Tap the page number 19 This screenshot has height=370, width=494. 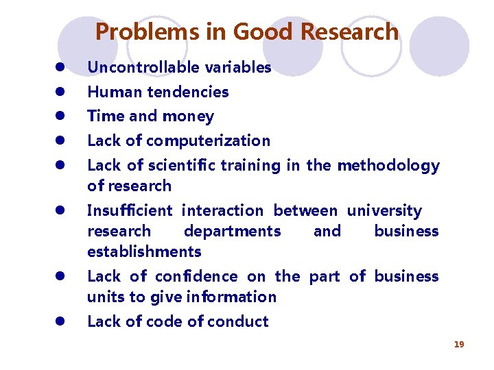coord(459,344)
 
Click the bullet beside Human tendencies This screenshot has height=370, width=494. coord(60,92)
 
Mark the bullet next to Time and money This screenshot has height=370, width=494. coord(60,116)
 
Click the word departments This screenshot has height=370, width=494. coord(232,232)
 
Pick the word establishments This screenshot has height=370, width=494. coord(144,252)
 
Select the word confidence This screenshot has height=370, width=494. coord(196,277)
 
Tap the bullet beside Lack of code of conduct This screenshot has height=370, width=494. coord(60,321)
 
